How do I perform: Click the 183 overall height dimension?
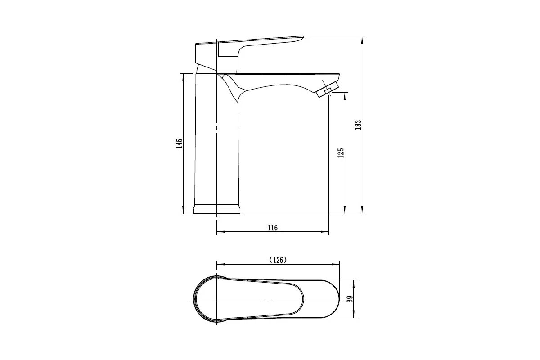pyautogui.click(x=358, y=125)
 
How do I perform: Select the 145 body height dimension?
pyautogui.click(x=180, y=144)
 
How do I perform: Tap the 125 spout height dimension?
pyautogui.click(x=341, y=153)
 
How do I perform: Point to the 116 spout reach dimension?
pyautogui.click(x=273, y=228)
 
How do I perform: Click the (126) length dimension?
pyautogui.click(x=278, y=260)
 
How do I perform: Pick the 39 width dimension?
pyautogui.click(x=350, y=299)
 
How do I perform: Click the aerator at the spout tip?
pyautogui.click(x=327, y=90)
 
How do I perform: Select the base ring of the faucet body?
pyautogui.click(x=217, y=209)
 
